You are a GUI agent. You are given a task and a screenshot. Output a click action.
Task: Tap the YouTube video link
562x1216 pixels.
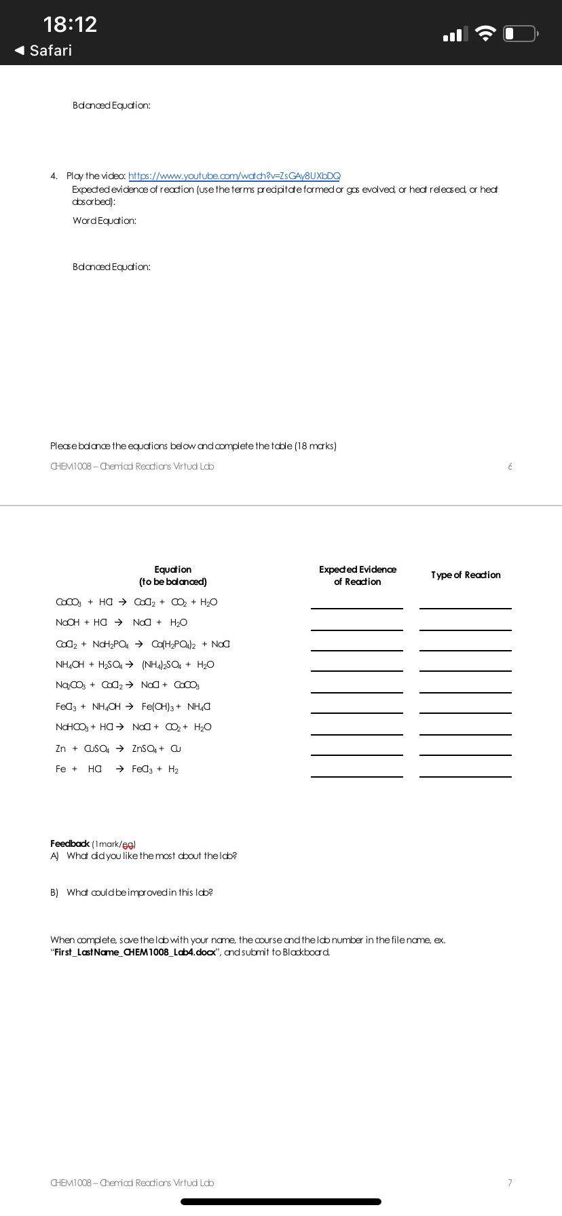234,176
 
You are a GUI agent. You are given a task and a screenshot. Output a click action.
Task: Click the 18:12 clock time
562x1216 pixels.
70,24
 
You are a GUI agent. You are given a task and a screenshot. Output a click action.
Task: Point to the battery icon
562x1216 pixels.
521,33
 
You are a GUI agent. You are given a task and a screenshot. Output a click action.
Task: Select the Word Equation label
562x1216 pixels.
105,221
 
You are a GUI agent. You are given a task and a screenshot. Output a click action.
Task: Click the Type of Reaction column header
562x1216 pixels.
466,575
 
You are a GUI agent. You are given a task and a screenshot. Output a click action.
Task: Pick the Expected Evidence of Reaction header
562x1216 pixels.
358,575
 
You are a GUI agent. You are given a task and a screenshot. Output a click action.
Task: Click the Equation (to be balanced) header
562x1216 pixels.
173,575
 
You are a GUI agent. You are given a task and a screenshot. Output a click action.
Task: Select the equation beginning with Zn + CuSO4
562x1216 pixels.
118,748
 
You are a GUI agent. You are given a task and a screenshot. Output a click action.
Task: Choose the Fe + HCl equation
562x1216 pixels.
117,769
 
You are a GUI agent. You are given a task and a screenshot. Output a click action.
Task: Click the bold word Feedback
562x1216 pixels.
70,843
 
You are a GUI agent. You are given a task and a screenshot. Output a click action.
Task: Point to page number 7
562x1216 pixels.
510,1183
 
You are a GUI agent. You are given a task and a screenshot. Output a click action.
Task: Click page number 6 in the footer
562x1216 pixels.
510,466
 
